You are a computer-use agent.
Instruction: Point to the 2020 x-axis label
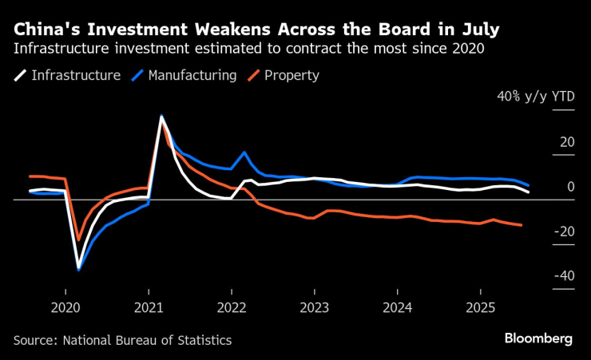[x=65, y=307]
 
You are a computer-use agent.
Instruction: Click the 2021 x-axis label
[x=148, y=307]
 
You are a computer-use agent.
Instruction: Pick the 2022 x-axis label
[x=231, y=307]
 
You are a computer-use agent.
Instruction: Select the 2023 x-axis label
[x=314, y=307]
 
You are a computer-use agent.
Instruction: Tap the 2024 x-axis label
[x=397, y=307]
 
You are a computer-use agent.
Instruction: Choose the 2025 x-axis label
[x=480, y=307]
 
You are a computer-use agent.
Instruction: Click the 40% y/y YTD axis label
[x=534, y=97]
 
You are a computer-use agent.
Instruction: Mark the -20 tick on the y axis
[x=564, y=231]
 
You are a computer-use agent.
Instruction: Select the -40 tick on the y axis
[x=564, y=276]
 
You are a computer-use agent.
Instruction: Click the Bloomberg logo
[x=538, y=338]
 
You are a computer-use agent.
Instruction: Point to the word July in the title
[x=477, y=31]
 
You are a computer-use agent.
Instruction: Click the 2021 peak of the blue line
[x=162, y=117]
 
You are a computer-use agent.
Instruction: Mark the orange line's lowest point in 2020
[x=78, y=239]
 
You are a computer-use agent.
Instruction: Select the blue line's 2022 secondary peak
[x=244, y=152]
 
